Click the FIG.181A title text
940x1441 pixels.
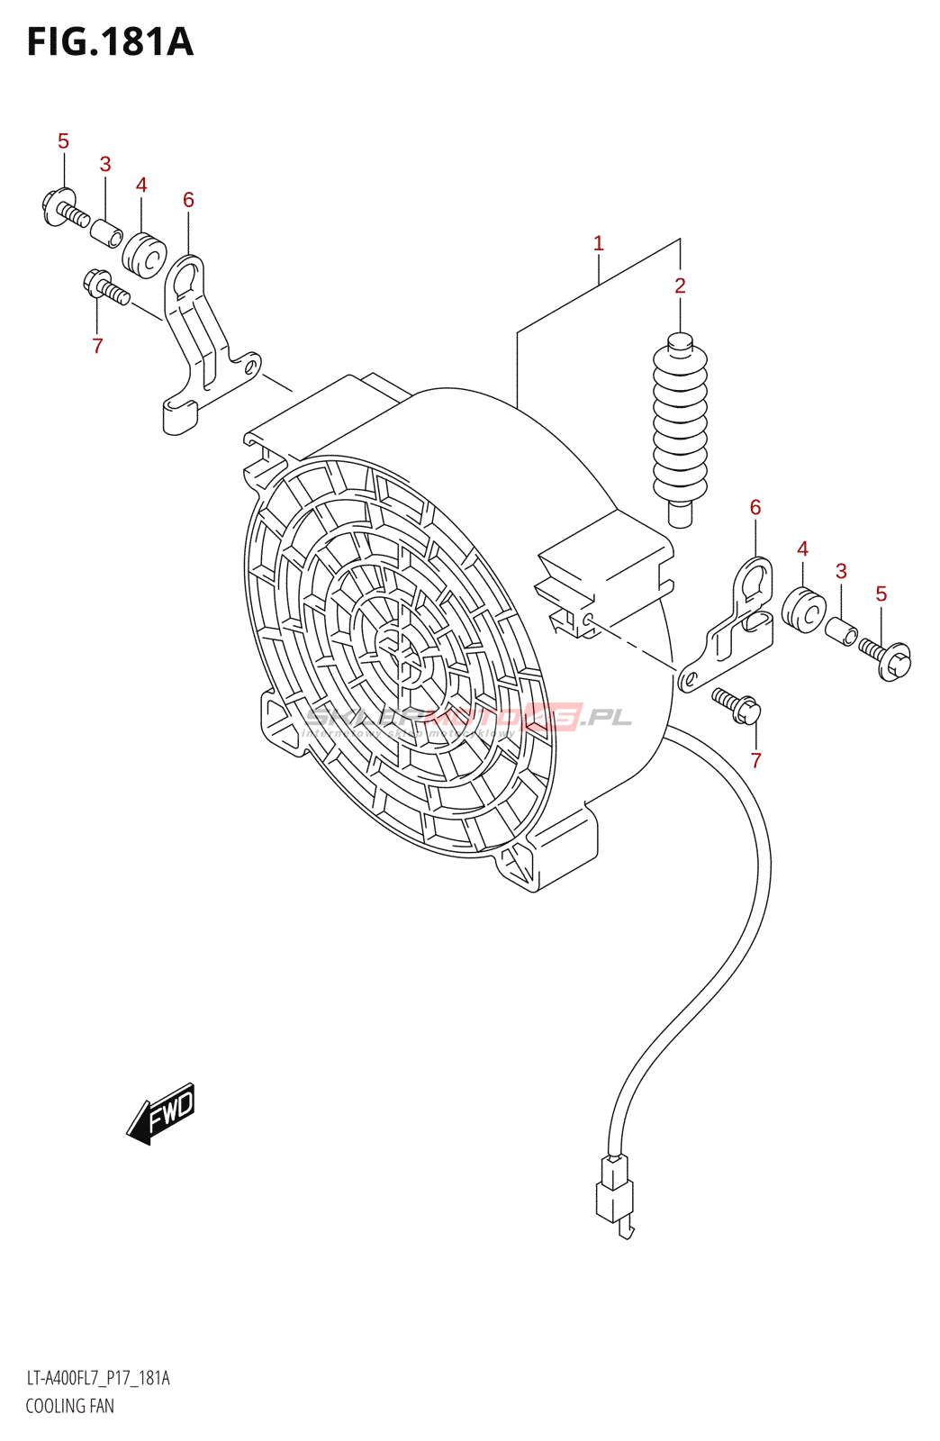coord(110,42)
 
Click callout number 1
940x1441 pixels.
coord(599,243)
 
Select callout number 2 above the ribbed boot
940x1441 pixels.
coord(680,285)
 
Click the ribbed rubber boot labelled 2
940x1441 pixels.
coord(680,423)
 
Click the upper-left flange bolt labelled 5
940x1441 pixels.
coord(63,207)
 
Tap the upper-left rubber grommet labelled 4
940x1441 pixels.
coord(144,255)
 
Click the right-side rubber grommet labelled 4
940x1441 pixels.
coord(804,610)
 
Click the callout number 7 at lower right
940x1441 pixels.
coord(756,760)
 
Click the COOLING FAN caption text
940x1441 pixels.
coord(69,1406)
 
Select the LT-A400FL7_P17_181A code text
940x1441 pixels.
coord(97,1378)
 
